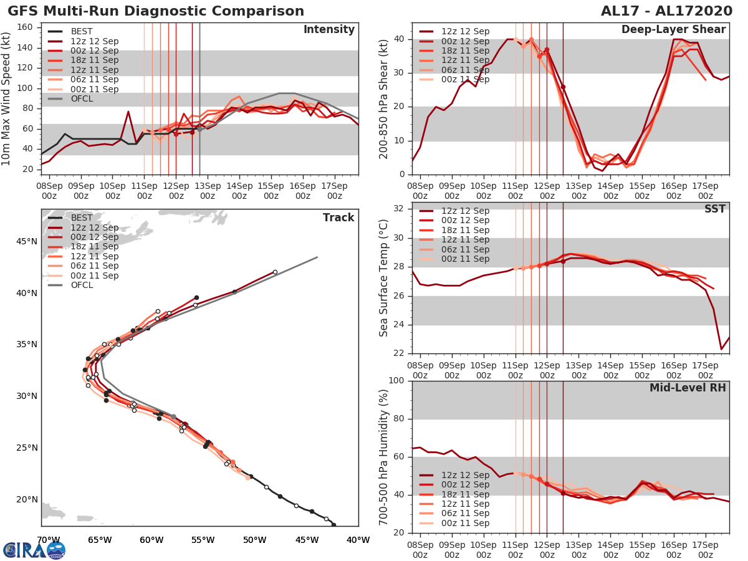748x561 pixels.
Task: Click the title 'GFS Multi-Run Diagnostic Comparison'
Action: pos(156,11)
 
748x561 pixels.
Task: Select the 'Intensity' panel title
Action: pos(328,30)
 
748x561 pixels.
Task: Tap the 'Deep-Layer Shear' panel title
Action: pos(673,30)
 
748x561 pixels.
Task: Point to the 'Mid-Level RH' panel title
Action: pos(688,388)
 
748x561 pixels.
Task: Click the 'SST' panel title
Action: pos(714,209)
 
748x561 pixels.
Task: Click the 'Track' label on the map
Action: pos(338,218)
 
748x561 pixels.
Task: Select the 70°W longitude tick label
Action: pos(48,540)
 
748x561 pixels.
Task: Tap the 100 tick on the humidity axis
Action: pos(396,381)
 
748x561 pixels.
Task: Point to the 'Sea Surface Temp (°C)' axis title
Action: pos(383,279)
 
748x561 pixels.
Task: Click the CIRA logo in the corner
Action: pos(34,550)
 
